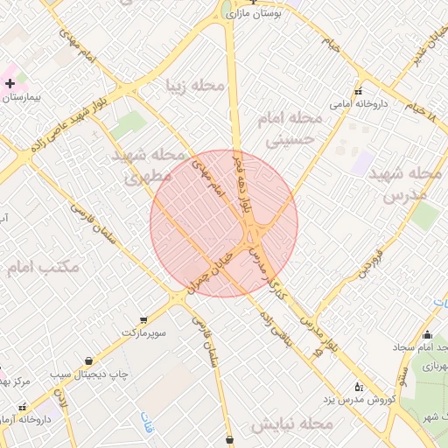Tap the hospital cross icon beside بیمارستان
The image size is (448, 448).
point(10,84)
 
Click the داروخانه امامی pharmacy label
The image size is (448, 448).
point(359,104)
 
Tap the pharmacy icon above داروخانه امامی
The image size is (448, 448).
point(358,91)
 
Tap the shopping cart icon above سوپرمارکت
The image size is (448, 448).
point(143,319)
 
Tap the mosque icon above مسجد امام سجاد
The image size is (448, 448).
point(427,334)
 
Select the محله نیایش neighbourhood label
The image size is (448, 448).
point(291,425)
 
